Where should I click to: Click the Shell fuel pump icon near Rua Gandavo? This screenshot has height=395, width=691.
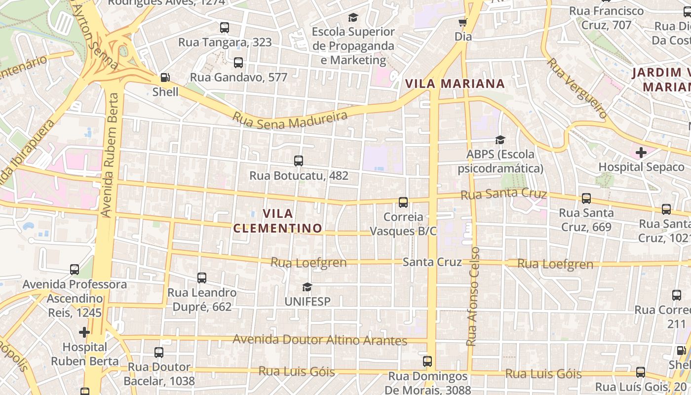[165, 78]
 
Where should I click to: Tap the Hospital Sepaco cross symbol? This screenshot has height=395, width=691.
[641, 153]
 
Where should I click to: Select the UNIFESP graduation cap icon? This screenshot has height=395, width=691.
[307, 287]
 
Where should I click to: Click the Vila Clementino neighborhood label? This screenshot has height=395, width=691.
[277, 221]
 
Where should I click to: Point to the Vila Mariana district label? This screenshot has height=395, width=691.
[455, 83]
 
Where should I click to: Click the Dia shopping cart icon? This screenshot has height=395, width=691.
[462, 22]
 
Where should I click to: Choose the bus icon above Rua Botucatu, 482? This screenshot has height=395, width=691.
[298, 161]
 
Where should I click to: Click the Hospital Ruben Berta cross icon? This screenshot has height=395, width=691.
[84, 332]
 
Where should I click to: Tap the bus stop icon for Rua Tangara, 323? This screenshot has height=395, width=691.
[225, 28]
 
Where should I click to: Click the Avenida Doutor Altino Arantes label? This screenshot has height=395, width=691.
[320, 340]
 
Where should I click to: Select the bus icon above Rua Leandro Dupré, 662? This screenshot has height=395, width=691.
[201, 278]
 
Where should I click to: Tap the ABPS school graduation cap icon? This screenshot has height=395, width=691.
[500, 140]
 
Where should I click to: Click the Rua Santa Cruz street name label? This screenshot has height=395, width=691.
[503, 194]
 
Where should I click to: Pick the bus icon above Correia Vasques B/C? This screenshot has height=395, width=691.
[403, 202]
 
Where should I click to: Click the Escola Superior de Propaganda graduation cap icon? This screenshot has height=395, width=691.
[353, 18]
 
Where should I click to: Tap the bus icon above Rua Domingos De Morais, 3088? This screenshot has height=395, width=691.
[427, 361]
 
